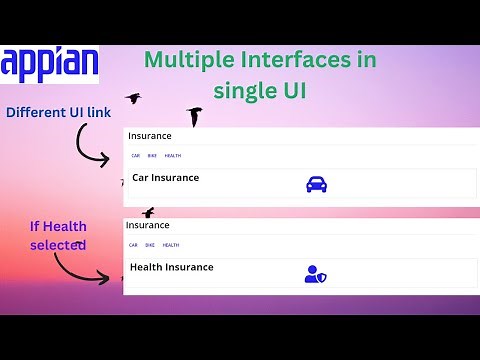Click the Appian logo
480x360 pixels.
(x=50, y=64)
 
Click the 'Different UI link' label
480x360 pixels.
(x=59, y=112)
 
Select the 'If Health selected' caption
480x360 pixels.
(x=57, y=236)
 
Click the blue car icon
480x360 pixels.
(x=316, y=184)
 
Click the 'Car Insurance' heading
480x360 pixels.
(x=166, y=178)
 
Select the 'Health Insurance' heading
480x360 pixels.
(x=172, y=267)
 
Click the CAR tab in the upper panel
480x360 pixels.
(x=136, y=156)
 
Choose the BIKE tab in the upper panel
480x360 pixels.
(x=152, y=156)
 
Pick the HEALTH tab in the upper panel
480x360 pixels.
(x=173, y=156)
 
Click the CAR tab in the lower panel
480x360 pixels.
(x=133, y=245)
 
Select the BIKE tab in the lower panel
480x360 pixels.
(x=150, y=245)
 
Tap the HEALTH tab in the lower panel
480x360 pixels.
(x=171, y=245)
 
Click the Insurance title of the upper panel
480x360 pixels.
(x=149, y=136)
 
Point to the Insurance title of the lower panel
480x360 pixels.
(x=148, y=226)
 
